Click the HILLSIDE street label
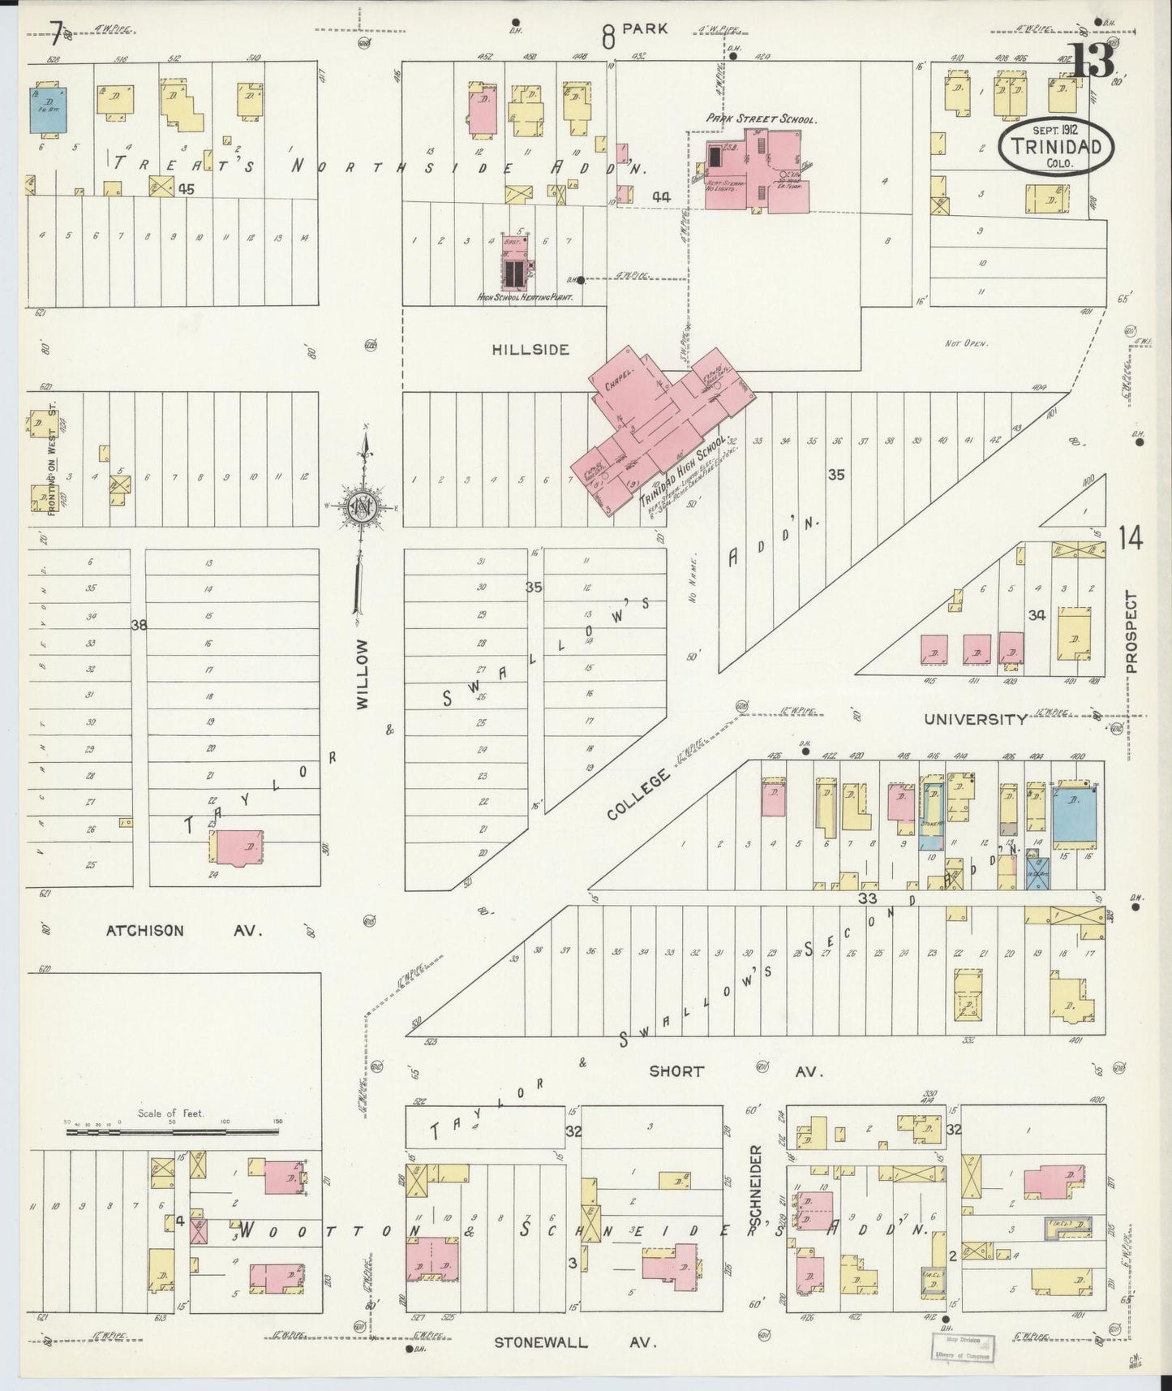tap(530, 350)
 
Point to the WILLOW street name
tap(362, 674)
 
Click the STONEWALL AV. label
tap(575, 1342)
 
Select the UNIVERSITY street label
tap(976, 719)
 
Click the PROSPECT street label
tap(1131, 631)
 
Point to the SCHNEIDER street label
tap(755, 1185)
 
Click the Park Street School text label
tap(760, 118)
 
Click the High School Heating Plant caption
tap(526, 299)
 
